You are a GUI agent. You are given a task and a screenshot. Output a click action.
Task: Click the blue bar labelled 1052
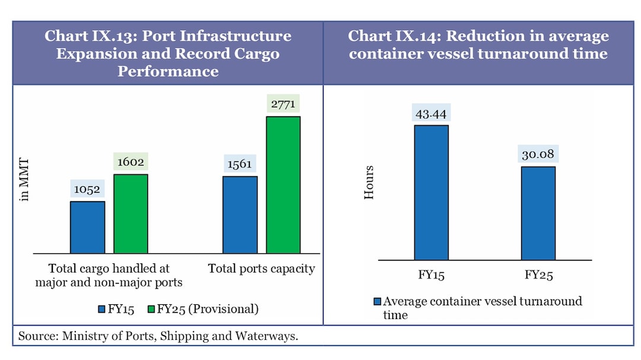pyautogui.click(x=87, y=227)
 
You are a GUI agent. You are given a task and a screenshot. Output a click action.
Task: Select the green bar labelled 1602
pyautogui.click(x=131, y=214)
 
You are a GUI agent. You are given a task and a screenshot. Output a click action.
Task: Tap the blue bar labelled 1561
pyautogui.click(x=240, y=215)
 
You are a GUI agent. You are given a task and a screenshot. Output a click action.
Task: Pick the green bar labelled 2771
pyautogui.click(x=283, y=184)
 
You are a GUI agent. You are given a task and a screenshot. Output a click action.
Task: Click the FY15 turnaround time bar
pyautogui.click(x=431, y=192)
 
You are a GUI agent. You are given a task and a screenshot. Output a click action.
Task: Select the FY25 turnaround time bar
pyautogui.click(x=538, y=213)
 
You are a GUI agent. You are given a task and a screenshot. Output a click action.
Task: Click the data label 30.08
pyautogui.click(x=538, y=154)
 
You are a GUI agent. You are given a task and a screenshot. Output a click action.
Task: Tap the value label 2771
pyautogui.click(x=283, y=104)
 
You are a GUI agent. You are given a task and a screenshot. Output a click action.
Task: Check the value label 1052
pyautogui.click(x=87, y=189)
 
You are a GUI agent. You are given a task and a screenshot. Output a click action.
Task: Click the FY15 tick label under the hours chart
pyautogui.click(x=431, y=276)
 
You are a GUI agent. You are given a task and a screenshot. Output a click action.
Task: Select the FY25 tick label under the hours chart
pyautogui.click(x=538, y=276)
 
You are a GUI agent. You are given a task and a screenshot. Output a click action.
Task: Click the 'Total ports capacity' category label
pyautogui.click(x=261, y=269)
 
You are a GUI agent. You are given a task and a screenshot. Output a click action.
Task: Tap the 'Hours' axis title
pyautogui.click(x=369, y=182)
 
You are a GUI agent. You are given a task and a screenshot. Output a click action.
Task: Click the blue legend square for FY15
pyautogui.click(x=101, y=309)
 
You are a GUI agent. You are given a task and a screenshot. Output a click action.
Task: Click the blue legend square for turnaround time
pyautogui.click(x=377, y=301)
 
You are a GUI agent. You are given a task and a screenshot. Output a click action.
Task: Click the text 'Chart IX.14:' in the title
pyautogui.click(x=394, y=36)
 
